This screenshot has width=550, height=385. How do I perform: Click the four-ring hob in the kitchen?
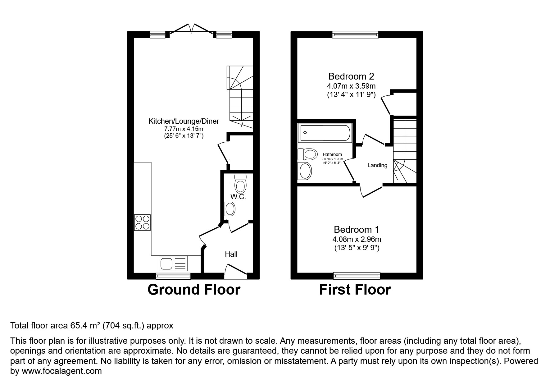coord(143,222)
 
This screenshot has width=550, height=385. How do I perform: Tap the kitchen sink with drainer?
coord(173,264)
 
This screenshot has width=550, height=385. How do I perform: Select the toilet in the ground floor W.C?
coord(240,184)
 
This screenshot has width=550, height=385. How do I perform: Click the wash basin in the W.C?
coord(230,209)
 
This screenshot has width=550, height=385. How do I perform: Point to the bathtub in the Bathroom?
coord(324,133)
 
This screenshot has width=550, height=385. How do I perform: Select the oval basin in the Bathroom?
coord(305,171)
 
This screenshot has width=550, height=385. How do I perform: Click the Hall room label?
coord(231,254)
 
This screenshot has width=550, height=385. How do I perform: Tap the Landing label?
coord(377,165)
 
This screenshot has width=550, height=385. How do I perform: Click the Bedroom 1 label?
coord(357,229)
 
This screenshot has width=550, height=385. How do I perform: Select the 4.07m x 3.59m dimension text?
coord(351,86)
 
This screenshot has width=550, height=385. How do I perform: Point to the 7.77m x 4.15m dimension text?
coord(184,129)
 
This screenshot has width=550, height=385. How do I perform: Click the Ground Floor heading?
coord(194,290)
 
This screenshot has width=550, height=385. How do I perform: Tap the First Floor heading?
coord(355,290)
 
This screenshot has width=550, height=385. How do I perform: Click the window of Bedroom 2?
coord(355,34)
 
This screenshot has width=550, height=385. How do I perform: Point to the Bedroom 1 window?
coord(357,276)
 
